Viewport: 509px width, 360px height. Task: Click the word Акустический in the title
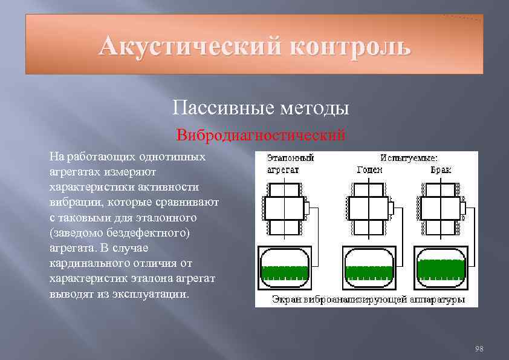point(189,45)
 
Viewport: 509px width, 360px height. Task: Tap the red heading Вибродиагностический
point(261,134)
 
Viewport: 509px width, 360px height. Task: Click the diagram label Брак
point(441,170)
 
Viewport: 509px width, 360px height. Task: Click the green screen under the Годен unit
point(368,270)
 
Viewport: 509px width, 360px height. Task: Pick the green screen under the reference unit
point(284,270)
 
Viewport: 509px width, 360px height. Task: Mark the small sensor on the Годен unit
point(390,208)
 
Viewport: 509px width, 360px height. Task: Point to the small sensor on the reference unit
point(306,208)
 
